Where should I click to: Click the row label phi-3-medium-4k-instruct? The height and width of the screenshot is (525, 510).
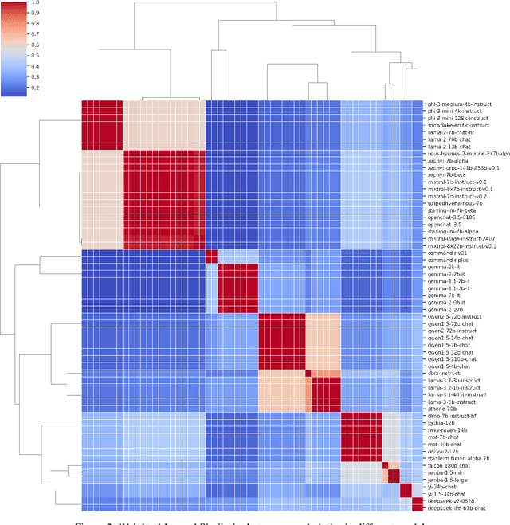pyautogui.click(x=459, y=104)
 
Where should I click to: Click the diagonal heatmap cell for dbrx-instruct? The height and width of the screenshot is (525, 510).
pyautogui.click(x=308, y=372)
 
